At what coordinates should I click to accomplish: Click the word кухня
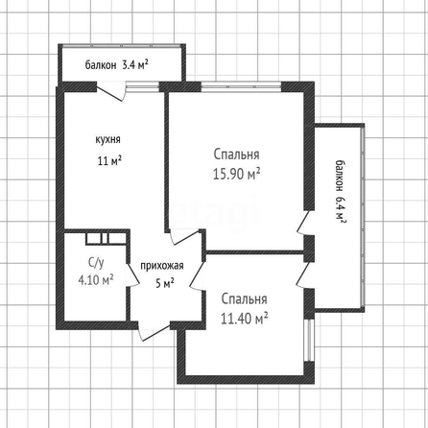(x=107, y=140)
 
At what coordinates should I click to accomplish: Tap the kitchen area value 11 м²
(x=109, y=160)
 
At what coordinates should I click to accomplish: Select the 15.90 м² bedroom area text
(x=236, y=174)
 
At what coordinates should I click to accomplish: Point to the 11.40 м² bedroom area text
(x=244, y=319)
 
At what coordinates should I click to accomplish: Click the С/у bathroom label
(x=96, y=263)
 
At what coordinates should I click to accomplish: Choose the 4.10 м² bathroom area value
(x=96, y=280)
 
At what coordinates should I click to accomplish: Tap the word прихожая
(x=162, y=266)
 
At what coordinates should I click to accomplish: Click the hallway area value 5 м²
(x=165, y=283)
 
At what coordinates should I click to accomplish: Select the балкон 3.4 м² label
(x=116, y=65)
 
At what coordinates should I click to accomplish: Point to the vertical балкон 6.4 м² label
(x=341, y=191)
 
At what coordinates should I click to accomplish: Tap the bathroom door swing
(x=132, y=274)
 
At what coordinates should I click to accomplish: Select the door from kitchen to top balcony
(x=110, y=92)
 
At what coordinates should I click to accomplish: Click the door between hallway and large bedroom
(x=185, y=237)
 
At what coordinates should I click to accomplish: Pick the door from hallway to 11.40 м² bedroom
(x=197, y=275)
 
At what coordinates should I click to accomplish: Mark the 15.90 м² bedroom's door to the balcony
(x=303, y=223)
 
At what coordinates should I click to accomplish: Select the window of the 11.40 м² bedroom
(x=309, y=340)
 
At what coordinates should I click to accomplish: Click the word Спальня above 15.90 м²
(x=236, y=155)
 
